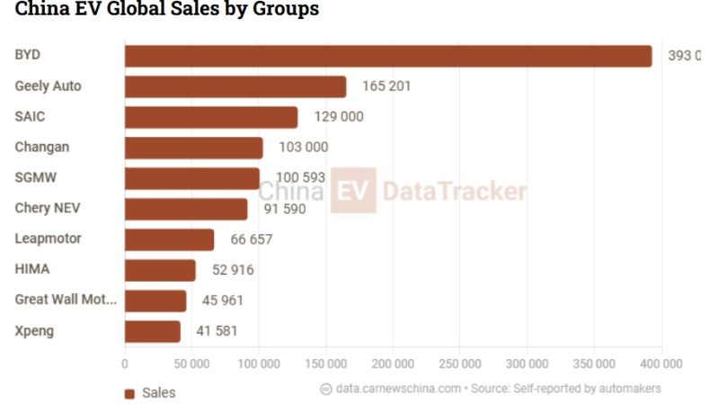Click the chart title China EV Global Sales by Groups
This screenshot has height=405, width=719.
tap(166, 10)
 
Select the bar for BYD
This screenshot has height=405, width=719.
tap(387, 56)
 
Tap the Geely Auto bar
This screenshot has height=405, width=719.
tap(235, 86)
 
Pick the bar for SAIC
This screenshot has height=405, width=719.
tap(210, 117)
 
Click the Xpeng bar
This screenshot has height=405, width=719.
tap(152, 331)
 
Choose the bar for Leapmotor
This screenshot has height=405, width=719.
tap(169, 239)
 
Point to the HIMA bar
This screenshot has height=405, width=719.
tap(159, 270)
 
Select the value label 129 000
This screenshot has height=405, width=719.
tap(339, 117)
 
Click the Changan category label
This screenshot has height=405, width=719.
tap(42, 147)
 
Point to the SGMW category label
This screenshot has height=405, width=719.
tap(35, 177)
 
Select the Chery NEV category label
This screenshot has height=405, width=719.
tap(48, 208)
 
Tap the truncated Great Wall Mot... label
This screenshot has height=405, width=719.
tap(66, 300)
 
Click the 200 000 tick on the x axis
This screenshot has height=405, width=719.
tap(393, 364)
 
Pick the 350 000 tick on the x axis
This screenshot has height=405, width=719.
tap(594, 364)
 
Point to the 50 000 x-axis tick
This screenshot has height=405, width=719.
tap(191, 364)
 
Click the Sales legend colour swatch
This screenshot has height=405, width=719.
tap(129, 393)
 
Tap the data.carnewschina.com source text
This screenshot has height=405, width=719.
tap(398, 389)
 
